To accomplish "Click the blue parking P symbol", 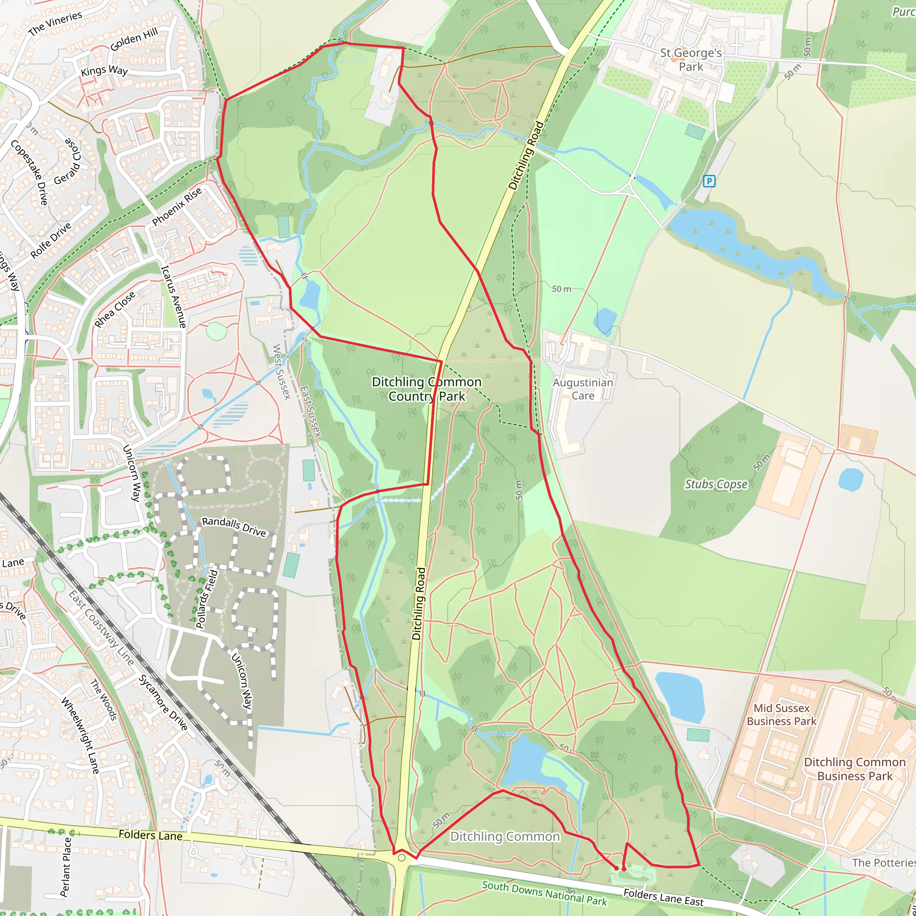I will pyautogui.click(x=709, y=181).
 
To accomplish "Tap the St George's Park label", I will pyautogui.click(x=691, y=60).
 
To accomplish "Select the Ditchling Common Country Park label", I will pyautogui.click(x=426, y=389).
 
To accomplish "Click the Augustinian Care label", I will pyautogui.click(x=583, y=389).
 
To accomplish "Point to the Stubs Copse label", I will pyautogui.click(x=716, y=484).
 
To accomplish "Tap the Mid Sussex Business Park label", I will pyautogui.click(x=781, y=714).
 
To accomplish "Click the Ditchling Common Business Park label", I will pyautogui.click(x=854, y=769).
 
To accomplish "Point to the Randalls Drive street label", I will pyautogui.click(x=234, y=527).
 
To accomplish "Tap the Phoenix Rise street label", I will pyautogui.click(x=177, y=207).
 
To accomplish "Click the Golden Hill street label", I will pyautogui.click(x=134, y=39).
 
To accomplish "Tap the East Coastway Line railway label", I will pyautogui.click(x=101, y=628).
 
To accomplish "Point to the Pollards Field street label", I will pyautogui.click(x=207, y=599).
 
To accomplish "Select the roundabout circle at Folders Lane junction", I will pyautogui.click(x=402, y=858).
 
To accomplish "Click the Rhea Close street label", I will pyautogui.click(x=115, y=310).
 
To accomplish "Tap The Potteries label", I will pyautogui.click(x=883, y=862).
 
